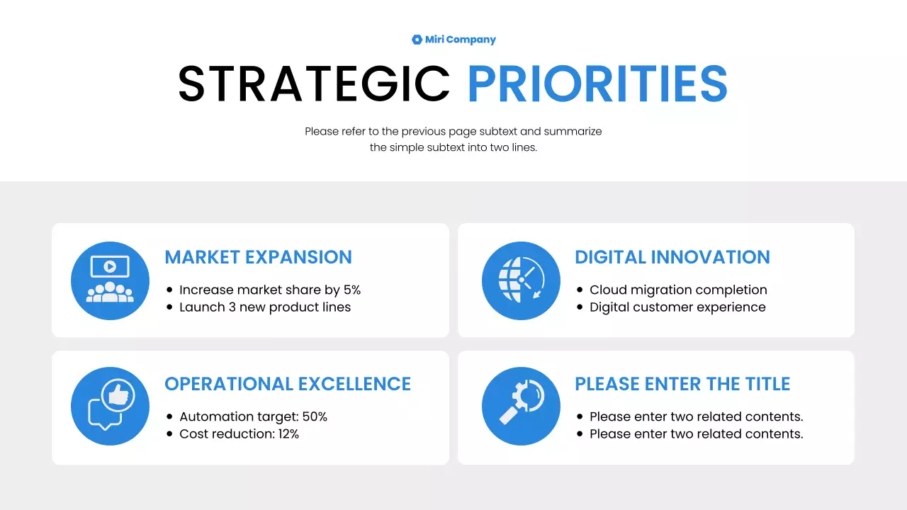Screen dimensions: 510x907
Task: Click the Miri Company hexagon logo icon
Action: [417, 40]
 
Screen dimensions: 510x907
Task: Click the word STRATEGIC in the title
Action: [314, 84]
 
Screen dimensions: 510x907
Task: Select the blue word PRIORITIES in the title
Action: [597, 84]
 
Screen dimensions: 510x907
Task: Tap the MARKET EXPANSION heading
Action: [258, 257]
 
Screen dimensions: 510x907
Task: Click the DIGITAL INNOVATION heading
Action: [672, 257]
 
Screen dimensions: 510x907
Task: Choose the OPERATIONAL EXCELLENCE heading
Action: [287, 384]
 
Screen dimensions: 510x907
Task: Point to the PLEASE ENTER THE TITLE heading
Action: [682, 384]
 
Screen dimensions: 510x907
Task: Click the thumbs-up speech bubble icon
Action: [110, 407]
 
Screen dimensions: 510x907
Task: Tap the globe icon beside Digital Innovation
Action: [521, 280]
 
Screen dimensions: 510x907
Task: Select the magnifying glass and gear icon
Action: [521, 407]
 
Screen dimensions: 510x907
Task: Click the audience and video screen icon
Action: [110, 280]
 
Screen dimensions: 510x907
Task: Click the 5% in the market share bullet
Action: [352, 290]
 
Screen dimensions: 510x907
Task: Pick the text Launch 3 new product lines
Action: [265, 307]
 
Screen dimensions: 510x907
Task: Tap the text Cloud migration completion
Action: [678, 290]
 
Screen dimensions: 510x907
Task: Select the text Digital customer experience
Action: [677, 307]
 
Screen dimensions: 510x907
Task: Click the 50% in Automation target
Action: [315, 416]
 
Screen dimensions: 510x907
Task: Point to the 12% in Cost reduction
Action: [288, 434]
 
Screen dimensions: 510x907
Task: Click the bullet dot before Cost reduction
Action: [169, 434]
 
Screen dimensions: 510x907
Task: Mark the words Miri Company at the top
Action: [460, 40]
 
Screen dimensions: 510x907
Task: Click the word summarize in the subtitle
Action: [573, 131]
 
